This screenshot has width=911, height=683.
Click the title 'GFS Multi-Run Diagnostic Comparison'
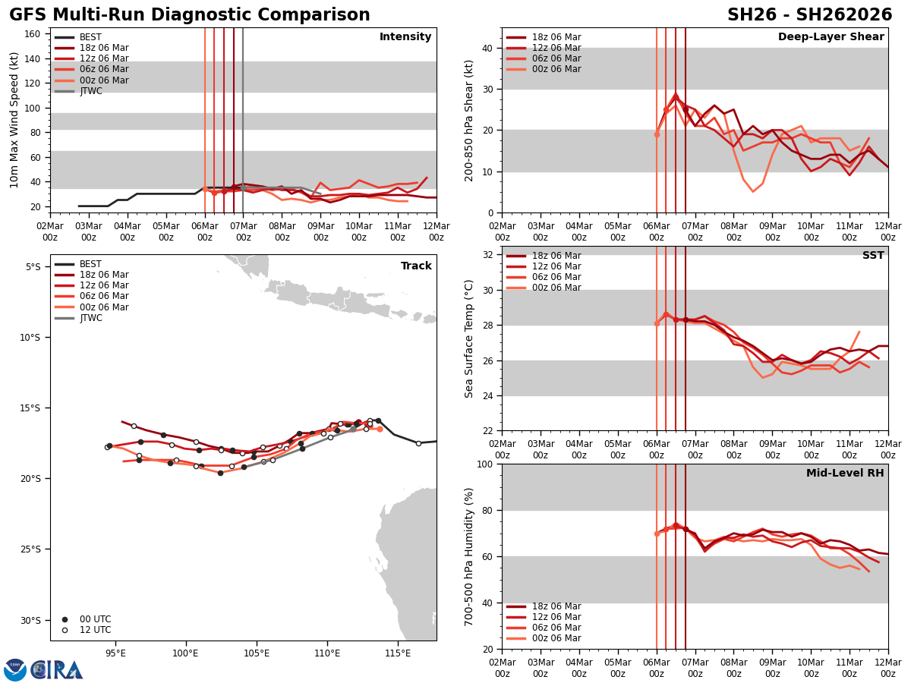(190, 15)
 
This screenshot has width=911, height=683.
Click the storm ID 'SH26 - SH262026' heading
(809, 15)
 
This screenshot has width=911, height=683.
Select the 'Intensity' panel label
(405, 37)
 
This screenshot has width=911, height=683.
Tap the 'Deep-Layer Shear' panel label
(831, 37)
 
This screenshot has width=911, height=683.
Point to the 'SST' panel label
(873, 256)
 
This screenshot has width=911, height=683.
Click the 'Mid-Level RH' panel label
(845, 474)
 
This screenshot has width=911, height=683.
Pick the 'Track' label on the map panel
(416, 266)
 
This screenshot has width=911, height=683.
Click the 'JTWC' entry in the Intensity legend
(90, 91)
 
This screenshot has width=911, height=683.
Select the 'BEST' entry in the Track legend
(90, 264)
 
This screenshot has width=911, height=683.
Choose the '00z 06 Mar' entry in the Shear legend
(556, 70)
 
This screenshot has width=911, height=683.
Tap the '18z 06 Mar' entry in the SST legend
(556, 256)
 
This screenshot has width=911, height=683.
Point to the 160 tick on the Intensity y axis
(33, 33)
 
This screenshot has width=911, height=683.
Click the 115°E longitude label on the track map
(398, 653)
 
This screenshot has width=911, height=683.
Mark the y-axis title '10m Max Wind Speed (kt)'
(15, 120)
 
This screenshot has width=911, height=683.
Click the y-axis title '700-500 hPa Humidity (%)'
(470, 556)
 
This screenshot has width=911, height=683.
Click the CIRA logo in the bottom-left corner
(43, 669)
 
